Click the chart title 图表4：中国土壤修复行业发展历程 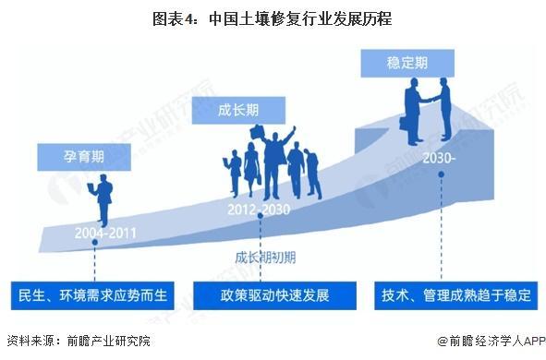pyautogui.click(x=273, y=18)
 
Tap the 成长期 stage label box pyautogui.click(x=238, y=110)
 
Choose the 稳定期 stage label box pyautogui.click(x=406, y=64)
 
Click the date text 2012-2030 pyautogui.click(x=259, y=210)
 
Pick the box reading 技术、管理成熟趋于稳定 pyautogui.click(x=456, y=296)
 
